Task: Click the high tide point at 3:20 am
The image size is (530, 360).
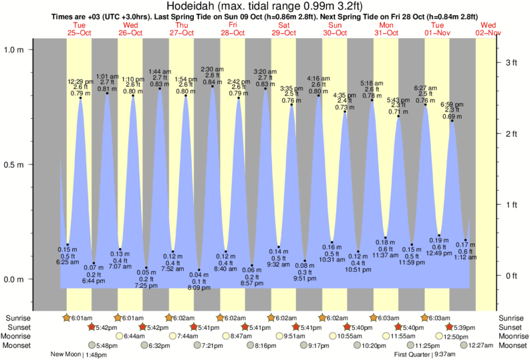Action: click(265, 88)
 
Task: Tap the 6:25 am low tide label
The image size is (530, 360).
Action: click(68, 262)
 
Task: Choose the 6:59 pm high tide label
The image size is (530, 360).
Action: click(452, 104)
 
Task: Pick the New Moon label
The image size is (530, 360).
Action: click(66, 355)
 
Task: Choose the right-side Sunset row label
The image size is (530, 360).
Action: click(512, 327)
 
